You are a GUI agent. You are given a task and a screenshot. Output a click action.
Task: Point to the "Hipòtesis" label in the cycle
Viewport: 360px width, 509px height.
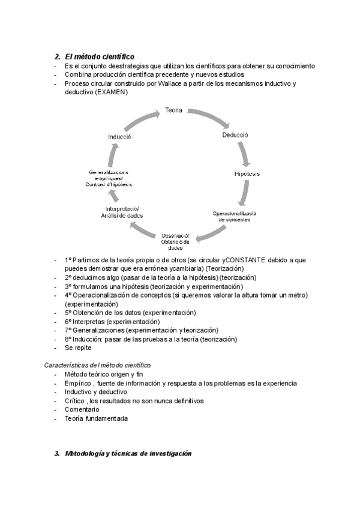point(247,173)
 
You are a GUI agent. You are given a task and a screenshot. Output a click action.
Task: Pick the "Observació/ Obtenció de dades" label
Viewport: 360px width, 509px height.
point(176,241)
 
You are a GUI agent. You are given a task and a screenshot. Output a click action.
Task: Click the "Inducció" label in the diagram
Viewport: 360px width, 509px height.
point(120,136)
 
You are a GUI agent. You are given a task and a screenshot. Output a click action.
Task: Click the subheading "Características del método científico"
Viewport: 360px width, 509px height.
point(98,365)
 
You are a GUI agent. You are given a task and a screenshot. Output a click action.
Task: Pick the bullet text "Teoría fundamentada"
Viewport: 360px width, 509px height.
point(97,418)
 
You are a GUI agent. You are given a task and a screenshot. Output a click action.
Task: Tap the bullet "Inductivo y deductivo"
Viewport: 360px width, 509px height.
point(96,391)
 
